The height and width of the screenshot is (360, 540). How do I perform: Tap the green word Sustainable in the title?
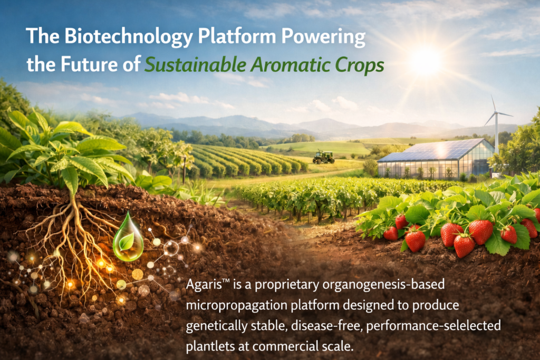coord(195,64)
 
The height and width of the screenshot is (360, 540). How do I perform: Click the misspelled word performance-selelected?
coord(433,326)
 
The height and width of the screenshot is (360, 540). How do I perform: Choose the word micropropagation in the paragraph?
coord(237,306)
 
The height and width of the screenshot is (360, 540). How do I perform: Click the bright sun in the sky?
coord(426,61)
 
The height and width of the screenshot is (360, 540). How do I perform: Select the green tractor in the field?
coord(323,157)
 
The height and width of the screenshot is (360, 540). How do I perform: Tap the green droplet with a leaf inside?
coord(128,238)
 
